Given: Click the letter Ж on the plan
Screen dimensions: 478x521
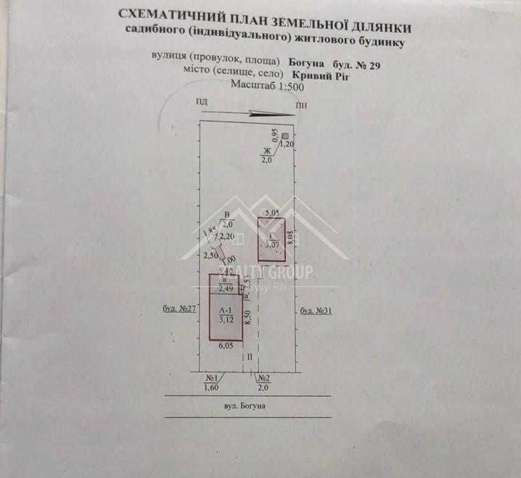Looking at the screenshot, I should pyautogui.click(x=267, y=151).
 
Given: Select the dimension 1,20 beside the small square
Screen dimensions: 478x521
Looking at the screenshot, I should pyautogui.click(x=287, y=145).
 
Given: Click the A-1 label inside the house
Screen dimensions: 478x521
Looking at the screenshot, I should pyautogui.click(x=226, y=311).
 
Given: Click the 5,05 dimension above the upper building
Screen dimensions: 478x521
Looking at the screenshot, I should pyautogui.click(x=271, y=213).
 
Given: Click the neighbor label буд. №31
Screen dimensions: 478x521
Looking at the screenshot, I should pyautogui.click(x=317, y=311).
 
